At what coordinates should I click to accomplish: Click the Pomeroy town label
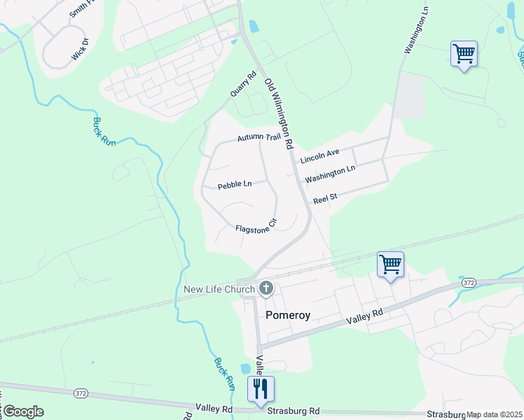click(x=288, y=315)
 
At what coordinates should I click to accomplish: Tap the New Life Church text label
click(x=220, y=290)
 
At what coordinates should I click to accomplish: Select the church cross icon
click(x=266, y=288)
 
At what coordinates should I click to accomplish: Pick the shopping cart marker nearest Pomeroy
click(x=390, y=265)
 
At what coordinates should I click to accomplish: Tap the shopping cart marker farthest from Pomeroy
click(x=464, y=52)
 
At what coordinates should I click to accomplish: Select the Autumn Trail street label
click(x=258, y=138)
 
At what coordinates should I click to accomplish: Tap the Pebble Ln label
click(x=235, y=185)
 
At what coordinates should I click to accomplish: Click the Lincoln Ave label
click(x=319, y=156)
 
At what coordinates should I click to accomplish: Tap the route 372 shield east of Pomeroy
click(x=469, y=282)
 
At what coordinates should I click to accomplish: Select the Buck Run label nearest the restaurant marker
click(x=224, y=374)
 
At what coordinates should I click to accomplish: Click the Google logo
click(x=23, y=412)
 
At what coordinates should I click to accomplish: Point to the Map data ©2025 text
click(x=494, y=414)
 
